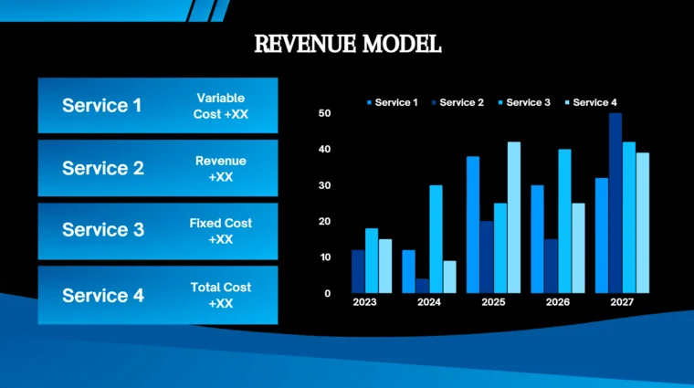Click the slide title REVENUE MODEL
[x=347, y=43]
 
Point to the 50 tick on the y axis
[x=324, y=113]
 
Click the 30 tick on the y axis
[x=324, y=185]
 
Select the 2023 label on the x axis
[x=364, y=302]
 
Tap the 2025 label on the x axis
[x=493, y=302]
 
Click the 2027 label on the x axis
[x=621, y=302]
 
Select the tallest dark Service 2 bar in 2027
[x=615, y=203]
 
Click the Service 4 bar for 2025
[x=514, y=217]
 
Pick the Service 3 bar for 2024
[x=436, y=239]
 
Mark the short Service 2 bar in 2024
[x=423, y=286]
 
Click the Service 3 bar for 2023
[x=371, y=260]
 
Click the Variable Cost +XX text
[x=220, y=106]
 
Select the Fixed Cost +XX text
[x=220, y=231]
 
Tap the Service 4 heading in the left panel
[x=103, y=296]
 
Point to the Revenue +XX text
[x=220, y=169]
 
